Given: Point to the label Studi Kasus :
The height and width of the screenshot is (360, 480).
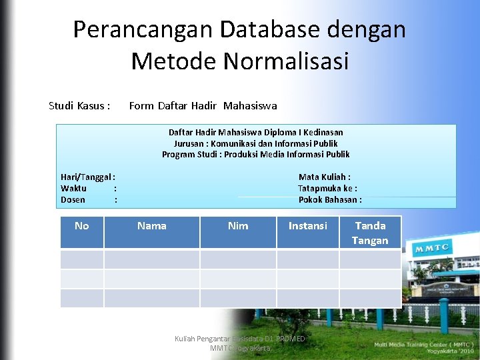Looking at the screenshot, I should coord(79,105).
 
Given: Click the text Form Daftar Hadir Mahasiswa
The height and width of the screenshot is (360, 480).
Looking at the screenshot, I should coord(203,105).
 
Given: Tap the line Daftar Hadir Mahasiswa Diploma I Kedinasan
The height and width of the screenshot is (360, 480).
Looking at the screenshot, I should coord(255,133).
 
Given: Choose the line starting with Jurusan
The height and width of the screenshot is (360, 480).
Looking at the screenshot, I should coord(255,143).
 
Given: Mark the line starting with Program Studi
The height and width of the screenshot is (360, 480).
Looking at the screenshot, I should coord(255,154).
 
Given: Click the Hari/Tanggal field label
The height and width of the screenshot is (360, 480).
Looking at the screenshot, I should coord(87,177).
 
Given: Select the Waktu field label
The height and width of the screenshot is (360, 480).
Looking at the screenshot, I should coord(73,189).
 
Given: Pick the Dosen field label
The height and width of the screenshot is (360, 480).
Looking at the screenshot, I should coord(73,199).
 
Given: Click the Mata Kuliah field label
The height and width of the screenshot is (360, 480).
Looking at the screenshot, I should coord(325,177).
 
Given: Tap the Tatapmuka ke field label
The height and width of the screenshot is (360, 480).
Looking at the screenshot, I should coord(327,189).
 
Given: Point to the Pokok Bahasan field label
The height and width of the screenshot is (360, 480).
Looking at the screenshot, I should coord(330,199).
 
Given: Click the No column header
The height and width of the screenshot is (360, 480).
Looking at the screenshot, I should coord(82,226).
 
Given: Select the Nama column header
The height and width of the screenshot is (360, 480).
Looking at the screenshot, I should coord(151,226).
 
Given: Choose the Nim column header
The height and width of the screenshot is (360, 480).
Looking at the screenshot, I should coord(238,226).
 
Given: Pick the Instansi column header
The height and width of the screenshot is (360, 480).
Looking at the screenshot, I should coord(307,226).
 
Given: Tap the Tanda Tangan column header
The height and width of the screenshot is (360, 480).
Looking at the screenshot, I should coord(370,233).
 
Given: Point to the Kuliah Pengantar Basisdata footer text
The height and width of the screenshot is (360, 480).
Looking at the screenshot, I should coord(239,343).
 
